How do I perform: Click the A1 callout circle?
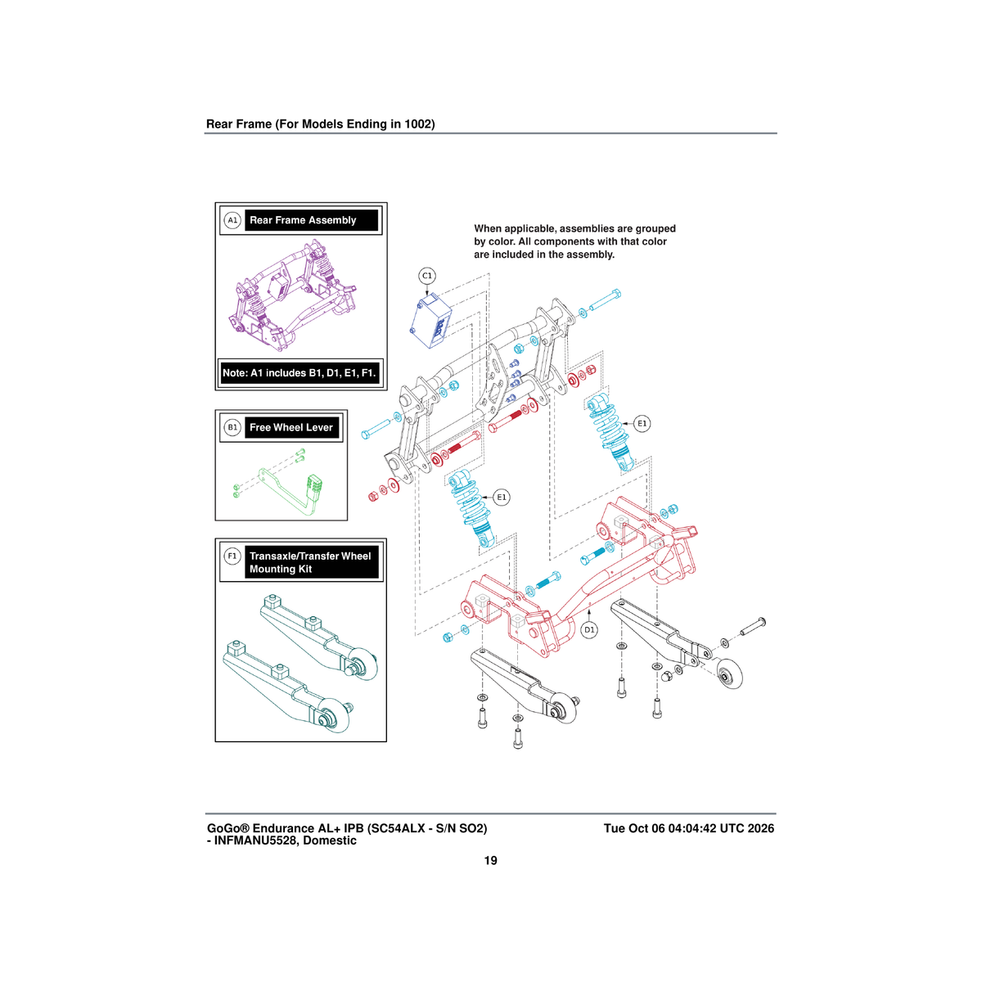(x=232, y=220)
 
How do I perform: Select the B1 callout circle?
(x=232, y=427)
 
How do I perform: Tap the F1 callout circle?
(x=232, y=556)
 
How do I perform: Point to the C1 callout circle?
(x=427, y=276)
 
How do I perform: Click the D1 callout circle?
(x=589, y=630)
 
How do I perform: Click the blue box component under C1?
(x=430, y=321)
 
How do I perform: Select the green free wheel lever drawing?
(x=279, y=481)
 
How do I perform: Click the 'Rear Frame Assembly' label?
(x=303, y=220)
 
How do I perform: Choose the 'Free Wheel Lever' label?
(x=291, y=427)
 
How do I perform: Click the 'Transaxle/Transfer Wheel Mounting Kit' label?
(x=310, y=562)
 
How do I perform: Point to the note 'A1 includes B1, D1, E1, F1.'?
(x=300, y=373)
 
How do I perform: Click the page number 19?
(x=490, y=861)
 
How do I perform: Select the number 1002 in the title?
(x=417, y=124)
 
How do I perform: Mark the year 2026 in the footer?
(x=761, y=828)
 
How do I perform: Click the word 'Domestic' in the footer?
(x=330, y=840)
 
